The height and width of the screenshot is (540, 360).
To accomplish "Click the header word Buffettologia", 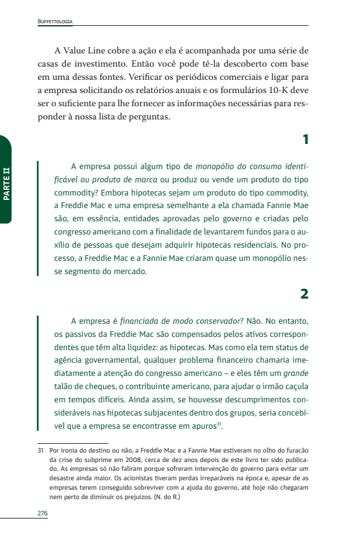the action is point(55,21).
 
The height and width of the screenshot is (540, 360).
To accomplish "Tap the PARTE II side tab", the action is point(6,180).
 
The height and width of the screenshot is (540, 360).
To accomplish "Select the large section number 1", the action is point(305,140).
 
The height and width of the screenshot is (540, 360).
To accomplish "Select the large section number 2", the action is point(305,294).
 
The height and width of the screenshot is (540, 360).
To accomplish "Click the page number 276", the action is point(43,514).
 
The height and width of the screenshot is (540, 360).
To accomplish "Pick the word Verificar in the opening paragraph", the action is point(184,77).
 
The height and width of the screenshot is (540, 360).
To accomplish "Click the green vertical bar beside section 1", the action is point(40,219).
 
